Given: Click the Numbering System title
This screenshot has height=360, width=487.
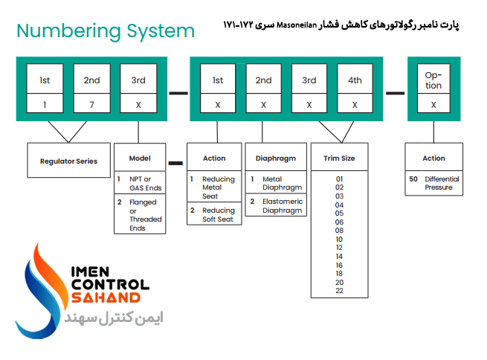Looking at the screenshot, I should click(x=105, y=31).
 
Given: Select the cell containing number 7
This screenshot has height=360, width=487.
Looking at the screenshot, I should click(x=91, y=106).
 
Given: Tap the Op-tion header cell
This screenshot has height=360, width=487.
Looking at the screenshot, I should click(x=433, y=80).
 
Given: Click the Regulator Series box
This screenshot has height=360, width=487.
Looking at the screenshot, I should click(x=68, y=161).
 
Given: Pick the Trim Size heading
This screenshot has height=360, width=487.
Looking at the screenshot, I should click(x=339, y=158).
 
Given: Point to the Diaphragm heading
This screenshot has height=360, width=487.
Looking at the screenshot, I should click(x=276, y=158).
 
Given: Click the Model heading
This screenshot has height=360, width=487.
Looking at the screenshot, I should click(x=140, y=158).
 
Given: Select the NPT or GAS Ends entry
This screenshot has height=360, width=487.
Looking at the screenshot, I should click(x=145, y=184).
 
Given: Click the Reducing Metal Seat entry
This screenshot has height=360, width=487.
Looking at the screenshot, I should click(x=218, y=187).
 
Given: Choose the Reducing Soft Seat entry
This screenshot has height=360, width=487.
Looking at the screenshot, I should click(x=218, y=215).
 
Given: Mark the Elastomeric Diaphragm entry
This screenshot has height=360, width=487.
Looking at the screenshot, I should click(x=282, y=206).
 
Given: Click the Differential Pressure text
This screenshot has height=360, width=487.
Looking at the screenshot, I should click(x=442, y=183).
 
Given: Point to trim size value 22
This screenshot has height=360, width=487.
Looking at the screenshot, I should click(x=339, y=291).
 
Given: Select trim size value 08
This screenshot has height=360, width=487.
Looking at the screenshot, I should click(x=339, y=231).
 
